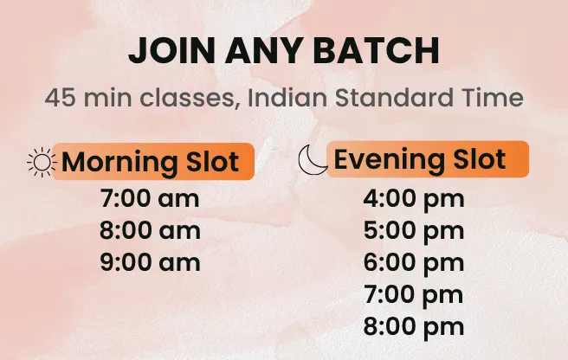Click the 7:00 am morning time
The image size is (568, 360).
coord(150,199)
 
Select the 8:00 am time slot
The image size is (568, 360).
coord(150,231)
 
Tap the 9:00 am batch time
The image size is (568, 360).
coord(150,262)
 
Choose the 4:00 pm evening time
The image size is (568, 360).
coord(413,199)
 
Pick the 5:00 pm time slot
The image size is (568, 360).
coord(413,231)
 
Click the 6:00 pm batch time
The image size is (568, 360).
coord(413,262)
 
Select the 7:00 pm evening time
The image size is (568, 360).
coord(413,294)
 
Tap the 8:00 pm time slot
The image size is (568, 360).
coord(413,326)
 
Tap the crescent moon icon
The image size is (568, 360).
coord(312,159)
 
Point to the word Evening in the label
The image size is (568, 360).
coord(387,159)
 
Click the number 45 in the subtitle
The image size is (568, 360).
coord(61,97)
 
